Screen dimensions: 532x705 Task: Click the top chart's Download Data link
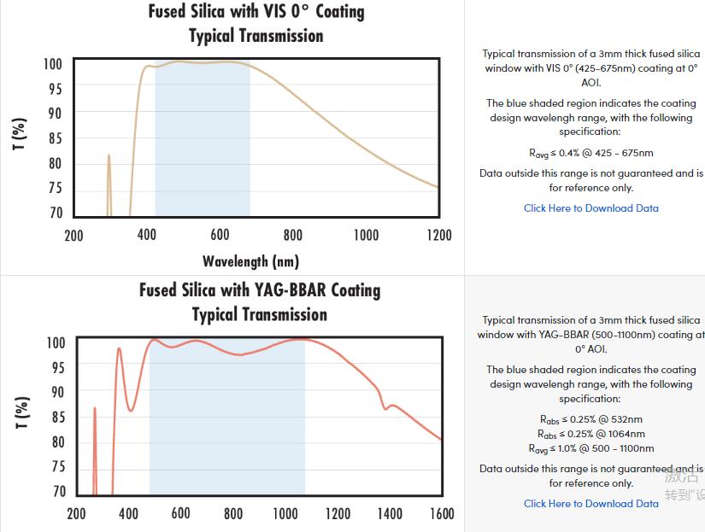[590, 208]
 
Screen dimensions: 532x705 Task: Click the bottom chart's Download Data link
[590, 504]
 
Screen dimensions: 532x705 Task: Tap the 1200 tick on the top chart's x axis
[438, 235]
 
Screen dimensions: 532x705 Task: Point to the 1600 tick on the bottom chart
[441, 513]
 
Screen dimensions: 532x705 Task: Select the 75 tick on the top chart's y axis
[53, 188]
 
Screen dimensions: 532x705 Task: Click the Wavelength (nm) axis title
[250, 260]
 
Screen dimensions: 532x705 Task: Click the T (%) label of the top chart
[19, 135]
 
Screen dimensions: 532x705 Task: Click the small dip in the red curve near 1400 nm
[385, 407]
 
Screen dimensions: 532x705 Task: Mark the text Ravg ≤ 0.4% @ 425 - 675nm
[590, 153]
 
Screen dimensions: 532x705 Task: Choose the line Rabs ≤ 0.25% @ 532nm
[590, 419]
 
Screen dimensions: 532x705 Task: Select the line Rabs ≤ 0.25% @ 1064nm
[590, 434]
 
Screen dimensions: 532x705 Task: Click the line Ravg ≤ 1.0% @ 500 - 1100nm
[590, 448]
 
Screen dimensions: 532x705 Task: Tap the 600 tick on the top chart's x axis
[220, 235]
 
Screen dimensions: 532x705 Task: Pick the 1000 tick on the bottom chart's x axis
[285, 513]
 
